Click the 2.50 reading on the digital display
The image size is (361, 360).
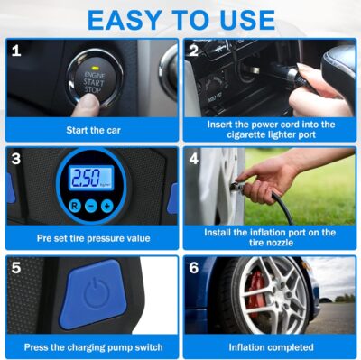tap(88, 178)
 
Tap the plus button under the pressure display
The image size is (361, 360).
tap(107, 206)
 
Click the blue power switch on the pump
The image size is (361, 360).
tap(93, 295)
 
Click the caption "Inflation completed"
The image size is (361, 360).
tap(271, 346)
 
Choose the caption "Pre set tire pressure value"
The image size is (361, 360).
tap(93, 238)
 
